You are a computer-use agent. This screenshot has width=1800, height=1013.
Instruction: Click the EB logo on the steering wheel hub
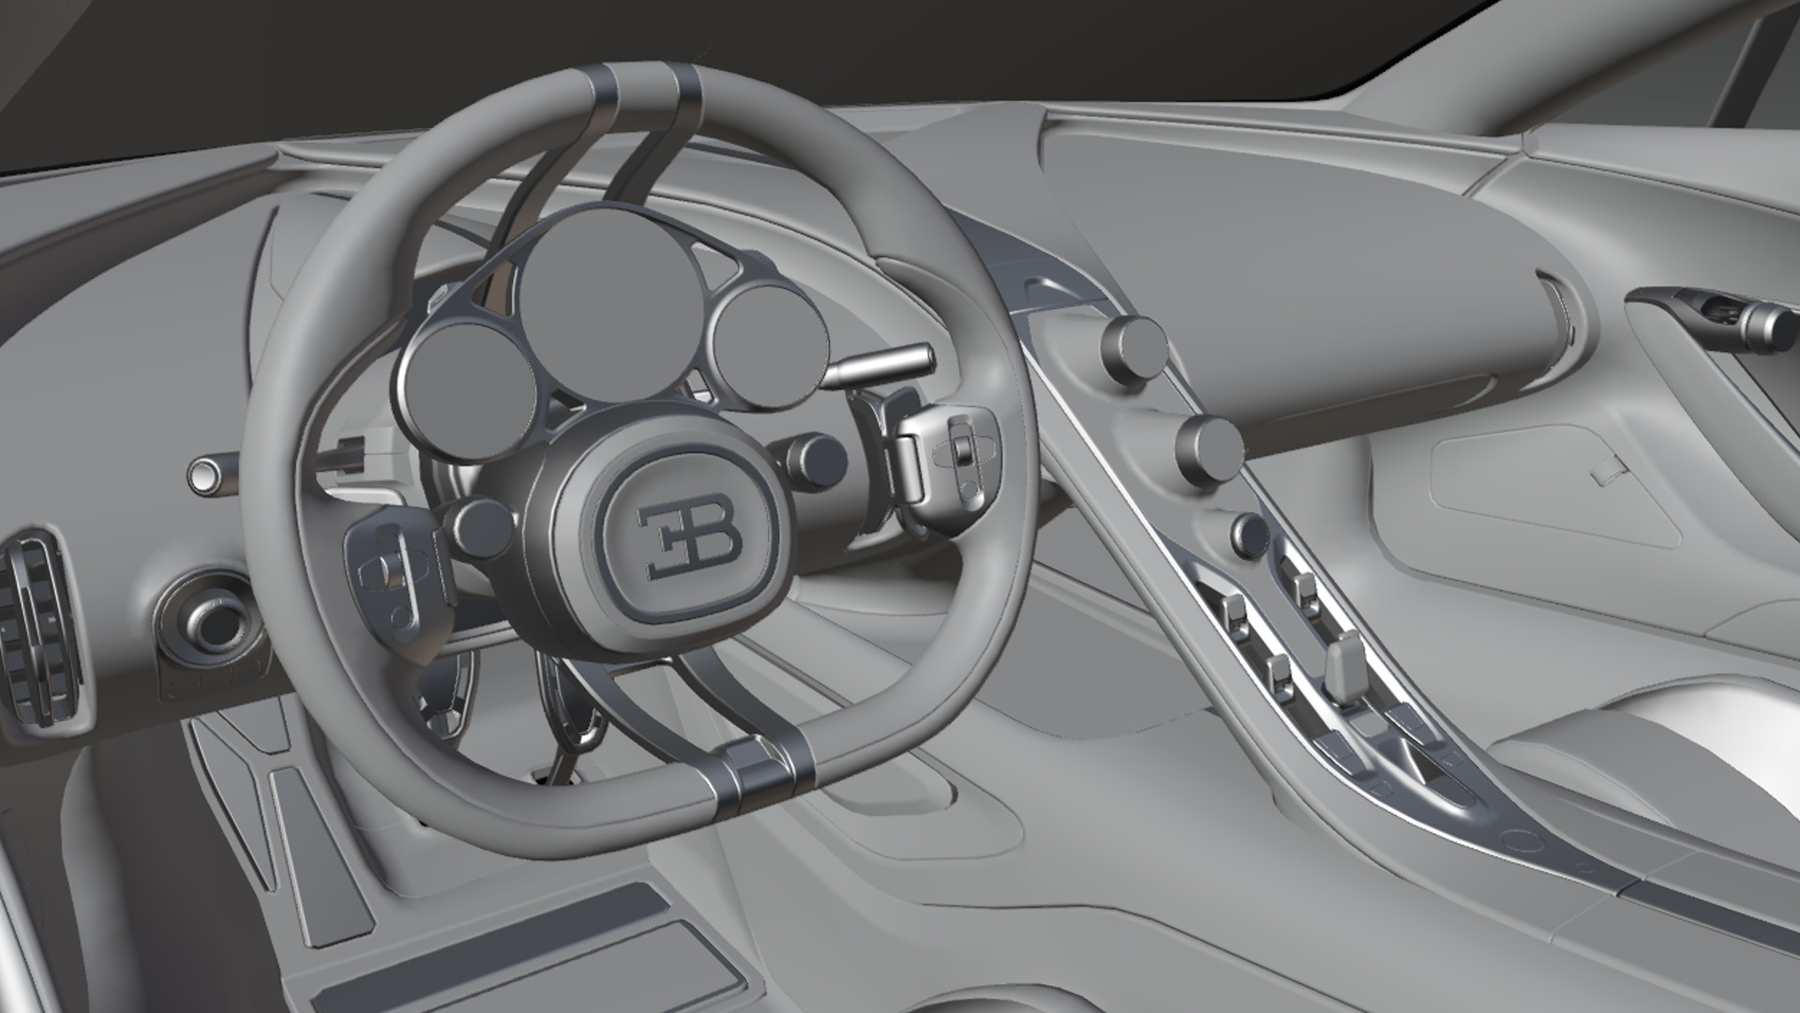pyautogui.click(x=689, y=540)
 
